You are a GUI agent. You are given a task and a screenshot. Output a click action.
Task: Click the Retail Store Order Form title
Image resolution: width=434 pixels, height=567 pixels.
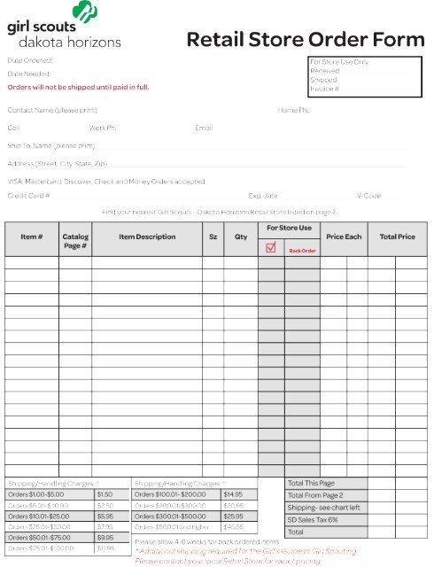click(x=306, y=40)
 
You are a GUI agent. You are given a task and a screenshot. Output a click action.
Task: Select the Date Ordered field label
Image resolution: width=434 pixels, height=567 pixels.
click(x=31, y=60)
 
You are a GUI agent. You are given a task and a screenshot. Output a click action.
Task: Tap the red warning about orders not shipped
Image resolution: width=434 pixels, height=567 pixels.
click(x=78, y=88)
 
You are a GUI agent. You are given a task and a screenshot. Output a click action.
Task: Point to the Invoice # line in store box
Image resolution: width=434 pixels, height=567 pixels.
click(x=325, y=89)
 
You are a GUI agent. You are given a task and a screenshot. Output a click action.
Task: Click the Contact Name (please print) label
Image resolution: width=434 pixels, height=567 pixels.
click(x=54, y=110)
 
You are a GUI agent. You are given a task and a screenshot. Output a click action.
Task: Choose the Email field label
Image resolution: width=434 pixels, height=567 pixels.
click(x=204, y=128)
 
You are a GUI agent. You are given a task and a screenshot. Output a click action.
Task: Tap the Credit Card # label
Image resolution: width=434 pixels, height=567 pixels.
click(x=28, y=195)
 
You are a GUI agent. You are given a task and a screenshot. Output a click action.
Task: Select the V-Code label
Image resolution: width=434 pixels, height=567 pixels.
click(x=368, y=195)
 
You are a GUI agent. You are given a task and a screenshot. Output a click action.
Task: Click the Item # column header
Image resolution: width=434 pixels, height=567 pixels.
click(x=32, y=237)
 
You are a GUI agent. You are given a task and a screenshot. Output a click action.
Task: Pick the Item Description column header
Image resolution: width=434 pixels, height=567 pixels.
click(x=147, y=237)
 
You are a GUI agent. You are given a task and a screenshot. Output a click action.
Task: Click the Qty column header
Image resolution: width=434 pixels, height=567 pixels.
click(x=241, y=237)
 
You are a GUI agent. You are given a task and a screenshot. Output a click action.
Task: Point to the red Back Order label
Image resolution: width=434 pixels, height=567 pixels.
click(x=302, y=251)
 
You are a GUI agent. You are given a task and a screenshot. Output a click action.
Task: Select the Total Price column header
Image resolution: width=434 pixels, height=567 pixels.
click(x=397, y=237)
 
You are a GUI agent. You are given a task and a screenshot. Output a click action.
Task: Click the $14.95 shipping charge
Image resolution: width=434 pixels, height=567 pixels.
click(x=233, y=493)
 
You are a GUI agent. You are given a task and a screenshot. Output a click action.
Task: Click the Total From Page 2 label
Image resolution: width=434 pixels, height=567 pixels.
click(x=315, y=494)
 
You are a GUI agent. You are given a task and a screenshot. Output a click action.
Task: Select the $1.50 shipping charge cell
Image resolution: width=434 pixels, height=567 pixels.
click(x=105, y=493)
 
